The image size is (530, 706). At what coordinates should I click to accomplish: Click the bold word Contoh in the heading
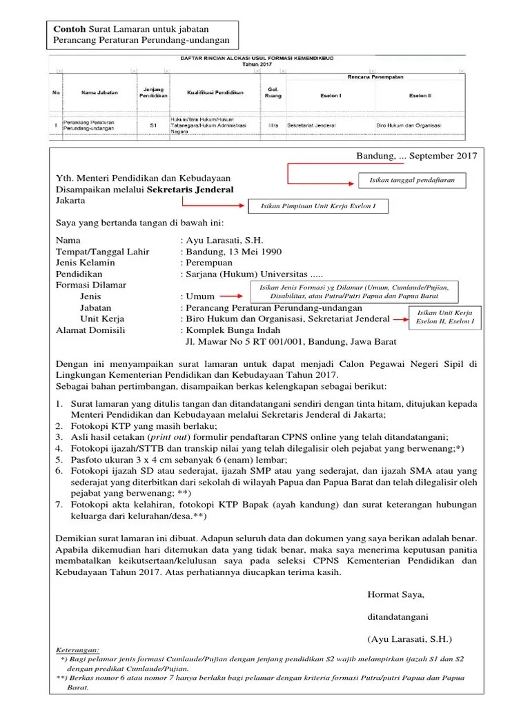coord(70,29)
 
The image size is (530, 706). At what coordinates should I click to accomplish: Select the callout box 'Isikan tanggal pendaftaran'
coord(413,181)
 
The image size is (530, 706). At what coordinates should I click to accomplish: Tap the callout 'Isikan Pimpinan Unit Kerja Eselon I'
coord(317,206)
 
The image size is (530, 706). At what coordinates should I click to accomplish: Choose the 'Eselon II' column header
coord(420,95)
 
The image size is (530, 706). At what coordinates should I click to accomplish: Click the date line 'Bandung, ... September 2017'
coord(416,156)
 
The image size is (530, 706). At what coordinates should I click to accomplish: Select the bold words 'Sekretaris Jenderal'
coord(190,189)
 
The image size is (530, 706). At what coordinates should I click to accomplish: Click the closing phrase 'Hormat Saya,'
coord(396,594)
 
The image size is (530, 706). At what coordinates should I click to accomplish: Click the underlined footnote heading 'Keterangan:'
coord(77,649)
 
